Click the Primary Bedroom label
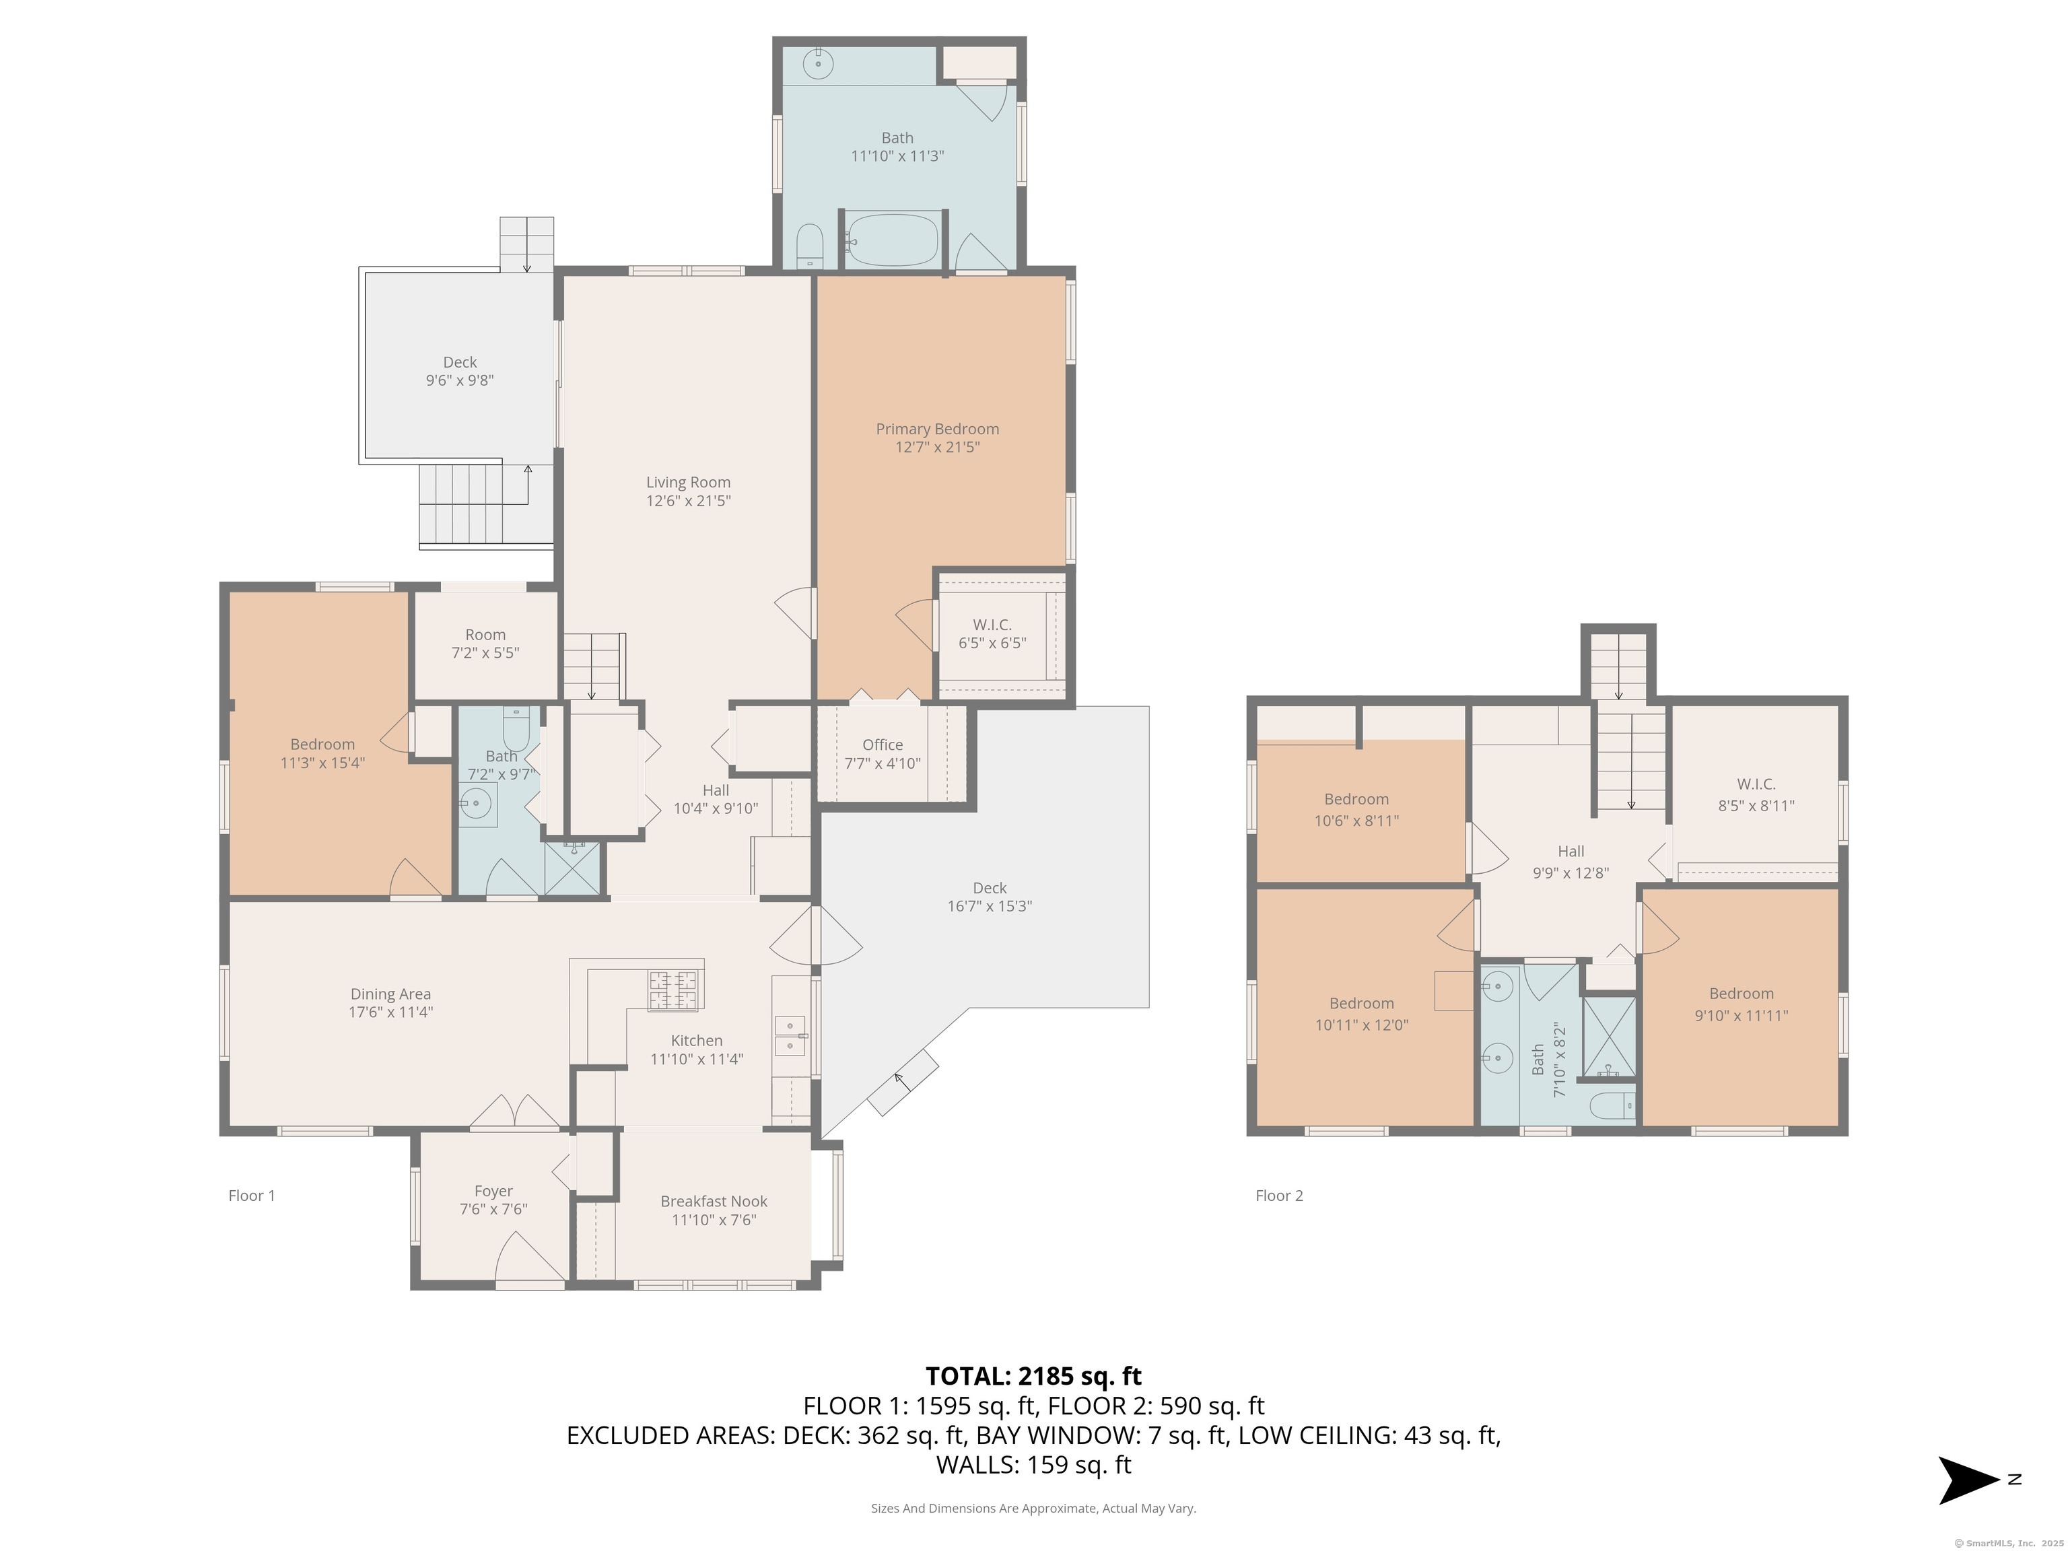(x=937, y=429)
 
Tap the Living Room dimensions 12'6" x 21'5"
(x=688, y=501)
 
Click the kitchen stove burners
(x=673, y=991)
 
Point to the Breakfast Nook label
(x=714, y=1202)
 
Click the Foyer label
(x=493, y=1191)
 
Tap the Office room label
(x=883, y=745)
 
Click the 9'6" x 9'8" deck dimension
(x=460, y=380)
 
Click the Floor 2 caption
(x=1279, y=1196)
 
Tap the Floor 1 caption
(x=252, y=1196)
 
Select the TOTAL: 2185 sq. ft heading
(x=1033, y=1376)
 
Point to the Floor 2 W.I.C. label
(x=1756, y=784)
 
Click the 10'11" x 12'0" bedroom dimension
(x=1361, y=1025)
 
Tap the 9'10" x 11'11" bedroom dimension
(x=1741, y=1015)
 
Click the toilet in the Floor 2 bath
(x=1614, y=1105)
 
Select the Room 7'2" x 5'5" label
(x=485, y=643)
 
